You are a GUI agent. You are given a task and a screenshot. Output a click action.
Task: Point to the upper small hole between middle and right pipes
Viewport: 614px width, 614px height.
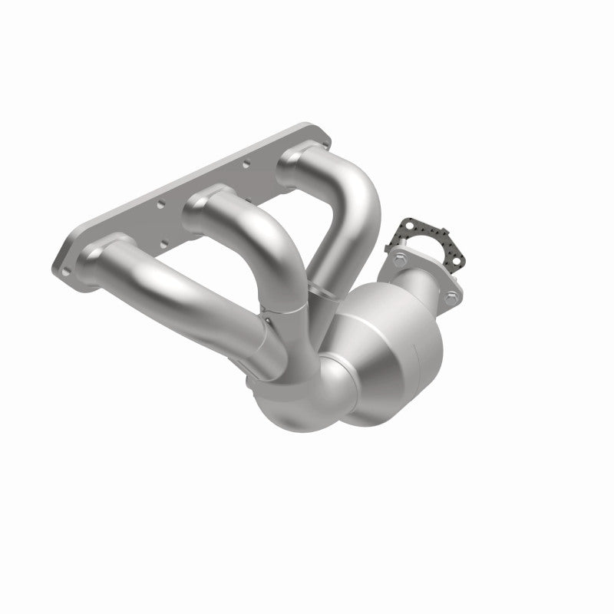(x=246, y=163)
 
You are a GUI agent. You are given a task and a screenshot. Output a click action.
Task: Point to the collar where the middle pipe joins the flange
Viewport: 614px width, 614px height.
(x=201, y=201)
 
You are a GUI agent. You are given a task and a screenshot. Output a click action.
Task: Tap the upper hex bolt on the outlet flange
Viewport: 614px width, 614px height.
(x=400, y=259)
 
